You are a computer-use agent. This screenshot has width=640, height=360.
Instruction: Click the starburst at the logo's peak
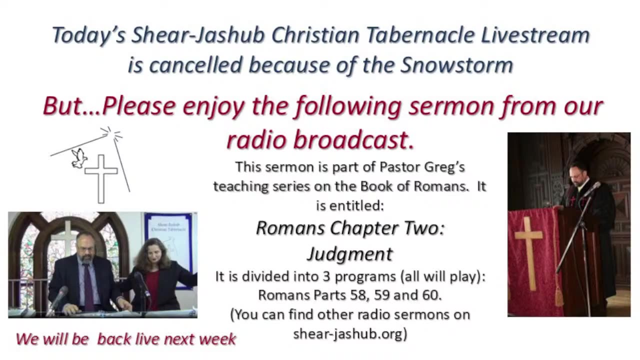coord(110,133)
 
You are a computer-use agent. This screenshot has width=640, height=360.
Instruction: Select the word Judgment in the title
coord(349,254)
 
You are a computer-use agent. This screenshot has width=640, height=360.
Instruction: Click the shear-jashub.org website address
coord(349,333)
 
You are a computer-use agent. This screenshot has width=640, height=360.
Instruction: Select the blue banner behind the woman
coord(168,240)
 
